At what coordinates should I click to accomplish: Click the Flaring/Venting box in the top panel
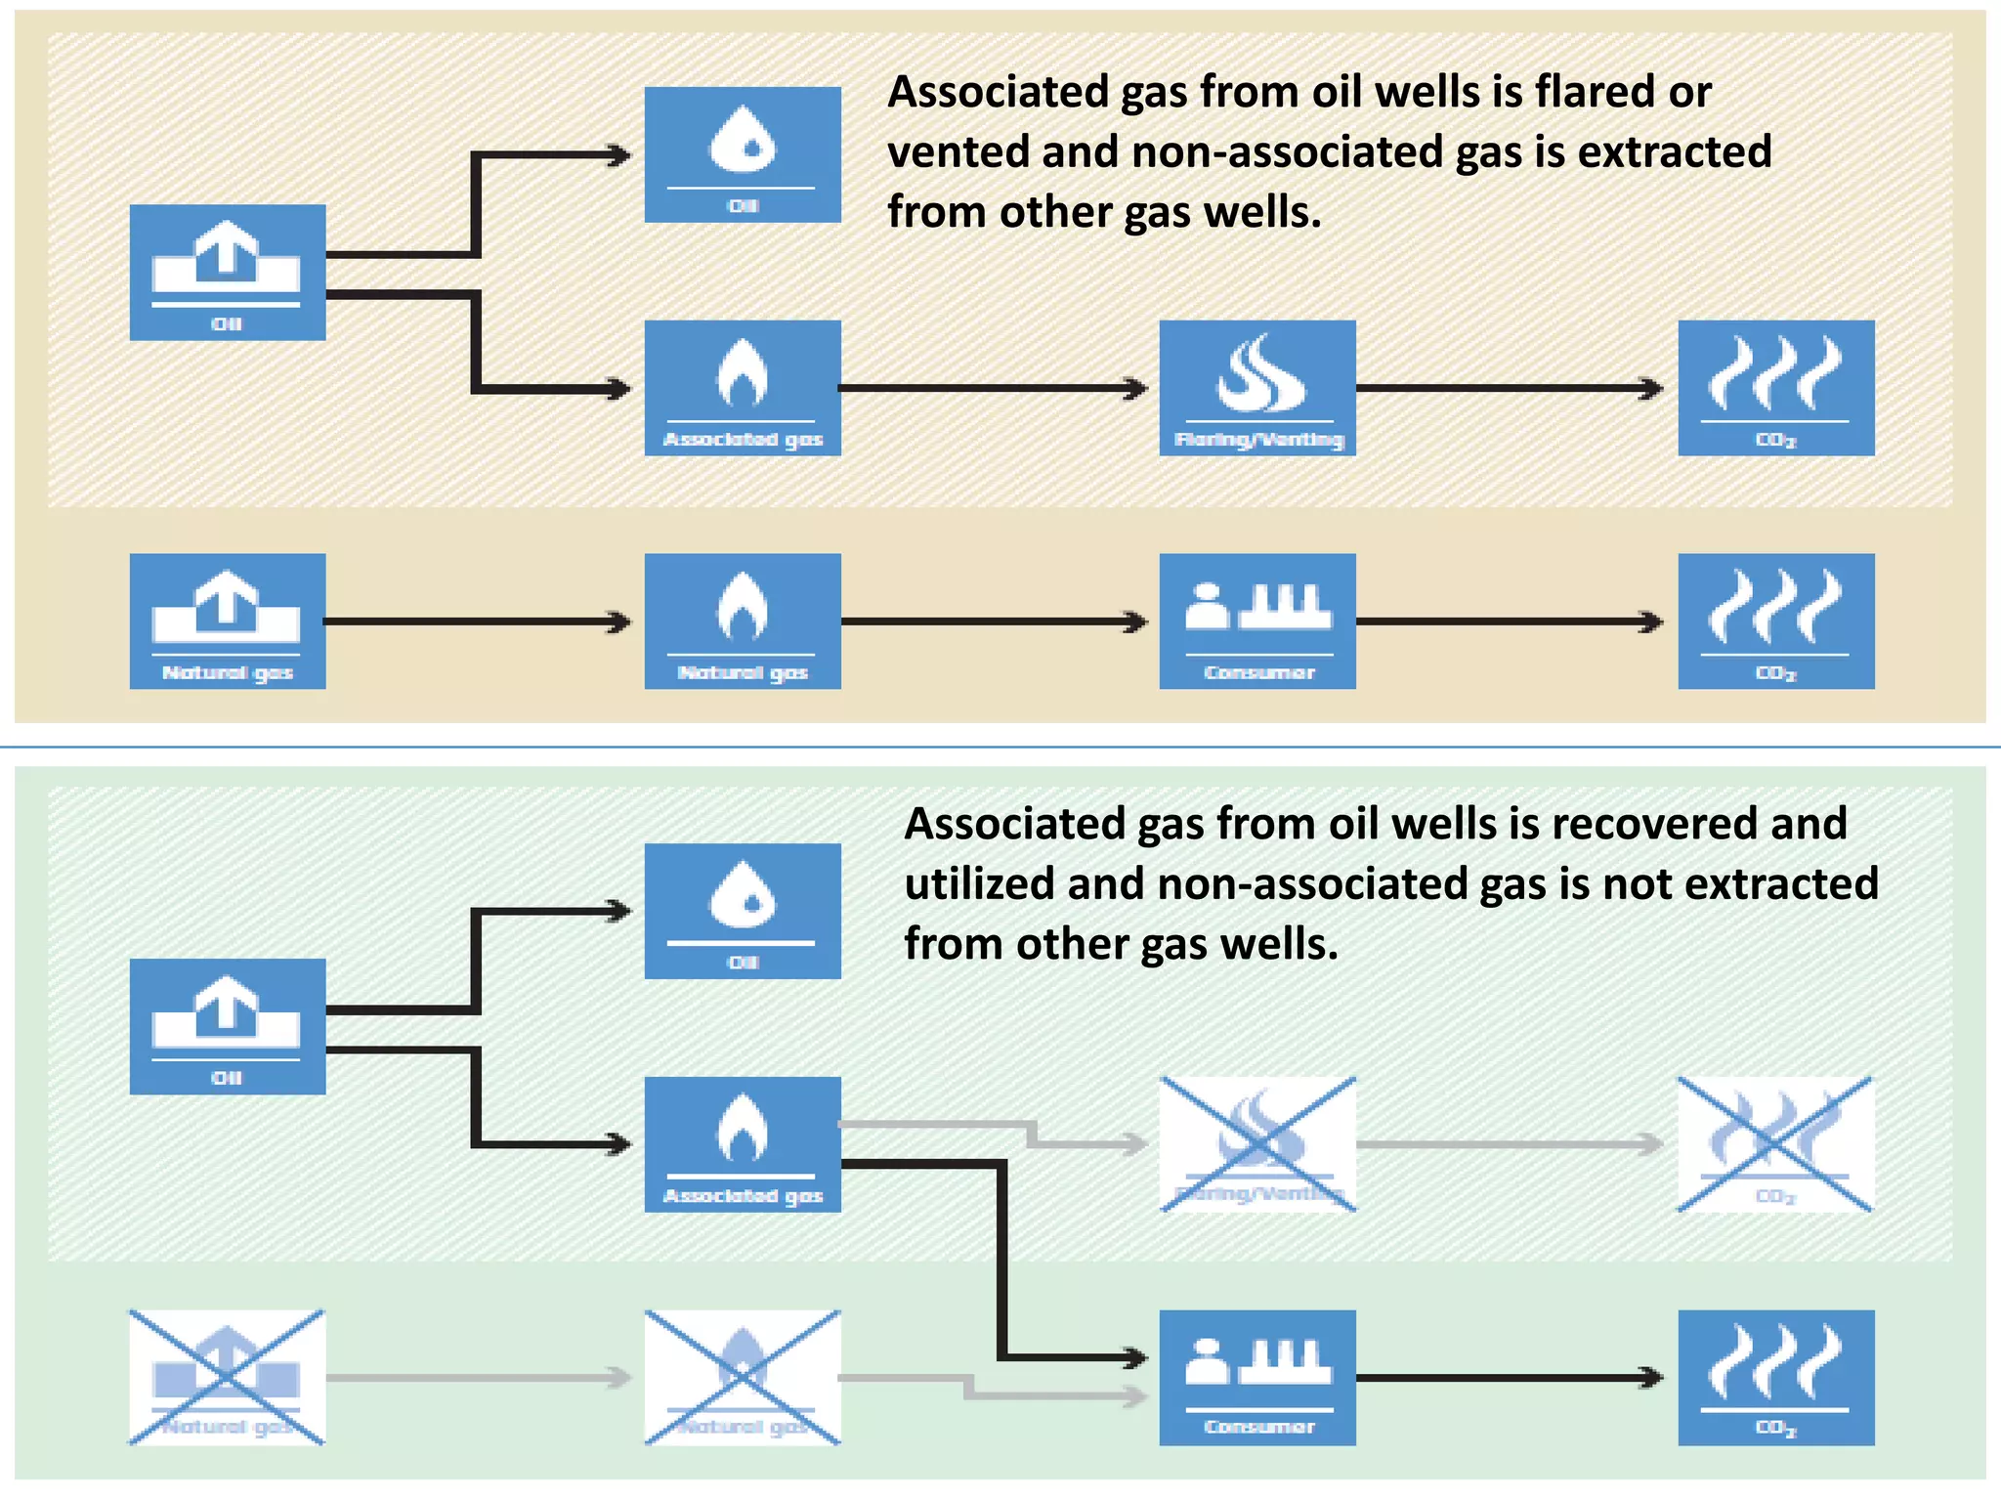[1257, 388]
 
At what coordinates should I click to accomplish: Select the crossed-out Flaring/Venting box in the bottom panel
[1257, 1144]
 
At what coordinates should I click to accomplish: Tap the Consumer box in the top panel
[1257, 622]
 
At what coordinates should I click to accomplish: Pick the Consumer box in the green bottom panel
[1257, 1377]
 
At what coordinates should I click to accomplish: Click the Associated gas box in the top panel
[743, 388]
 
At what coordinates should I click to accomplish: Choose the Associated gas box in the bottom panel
[743, 1144]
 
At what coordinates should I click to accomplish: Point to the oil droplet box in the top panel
[743, 154]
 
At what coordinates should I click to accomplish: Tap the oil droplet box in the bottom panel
[743, 911]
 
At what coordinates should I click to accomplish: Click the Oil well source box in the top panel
[228, 272]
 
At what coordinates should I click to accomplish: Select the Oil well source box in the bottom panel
[228, 1026]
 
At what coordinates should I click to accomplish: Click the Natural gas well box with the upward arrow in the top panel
[228, 622]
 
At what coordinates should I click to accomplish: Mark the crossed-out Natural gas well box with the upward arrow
[228, 1377]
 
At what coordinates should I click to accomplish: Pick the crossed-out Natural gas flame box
[743, 1377]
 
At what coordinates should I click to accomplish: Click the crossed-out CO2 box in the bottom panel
[1775, 1144]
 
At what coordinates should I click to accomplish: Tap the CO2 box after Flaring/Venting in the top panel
[1775, 388]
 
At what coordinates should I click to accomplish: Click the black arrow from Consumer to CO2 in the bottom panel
[1510, 1378]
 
